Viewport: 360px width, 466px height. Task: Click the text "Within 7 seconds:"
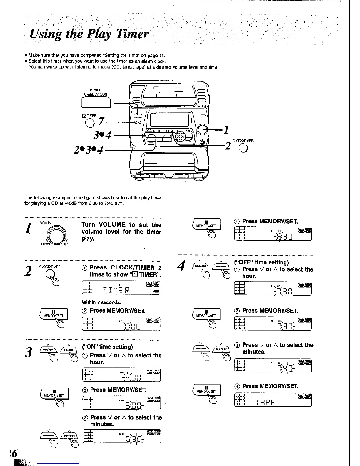(x=101, y=302)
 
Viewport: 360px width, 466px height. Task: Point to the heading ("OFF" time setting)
(x=261, y=262)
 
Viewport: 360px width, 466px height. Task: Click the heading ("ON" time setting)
(x=107, y=347)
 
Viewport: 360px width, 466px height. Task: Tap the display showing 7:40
(x=273, y=366)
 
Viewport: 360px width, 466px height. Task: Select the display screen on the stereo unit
(x=169, y=120)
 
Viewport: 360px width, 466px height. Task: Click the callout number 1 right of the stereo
(x=226, y=129)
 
